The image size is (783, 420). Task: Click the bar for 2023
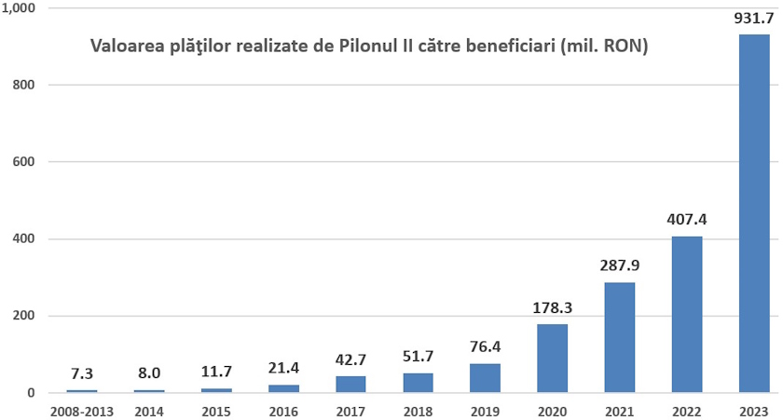(754, 213)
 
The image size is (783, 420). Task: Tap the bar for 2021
(619, 337)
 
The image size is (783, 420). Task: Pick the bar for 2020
(552, 359)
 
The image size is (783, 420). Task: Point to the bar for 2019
(485, 378)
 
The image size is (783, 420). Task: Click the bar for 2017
(350, 385)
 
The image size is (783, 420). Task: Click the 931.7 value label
(754, 19)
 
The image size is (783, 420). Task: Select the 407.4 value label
(687, 221)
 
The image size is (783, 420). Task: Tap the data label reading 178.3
(552, 307)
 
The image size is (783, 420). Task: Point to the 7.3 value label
(82, 373)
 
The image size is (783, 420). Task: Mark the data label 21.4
(283, 368)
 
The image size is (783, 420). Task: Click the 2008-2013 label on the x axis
(82, 410)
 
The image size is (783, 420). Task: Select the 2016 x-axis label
(283, 410)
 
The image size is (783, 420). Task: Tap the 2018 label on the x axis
(418, 410)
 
